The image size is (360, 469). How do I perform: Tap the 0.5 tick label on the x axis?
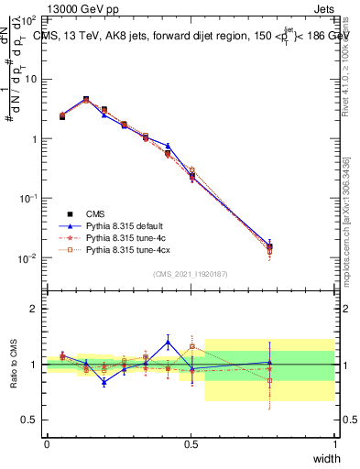point(191,444)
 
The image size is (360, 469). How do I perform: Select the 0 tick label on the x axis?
point(47,444)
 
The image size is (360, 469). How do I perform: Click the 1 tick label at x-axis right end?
point(334,444)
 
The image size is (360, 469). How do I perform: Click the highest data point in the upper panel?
point(86,99)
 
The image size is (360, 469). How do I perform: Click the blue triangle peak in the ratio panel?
point(168,342)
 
